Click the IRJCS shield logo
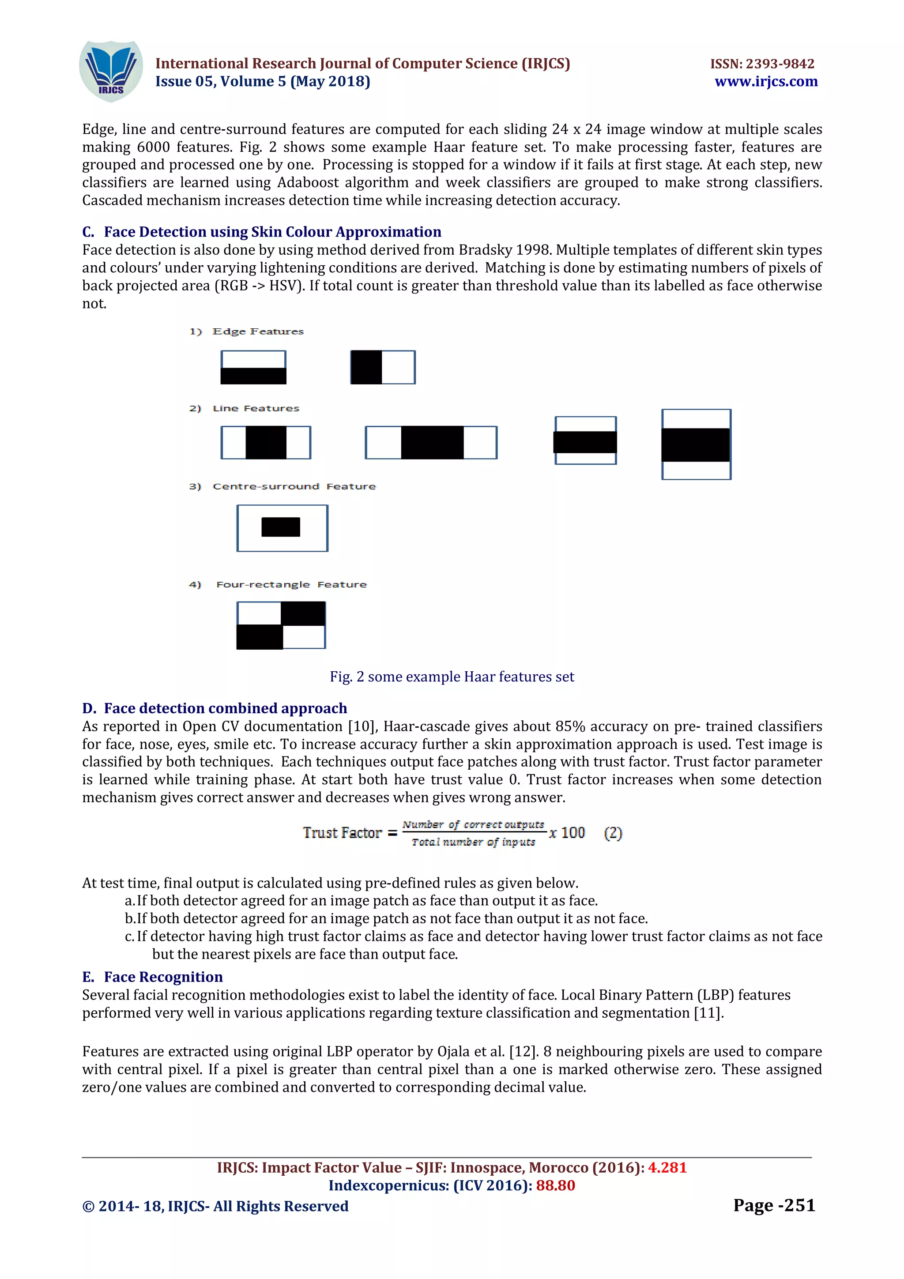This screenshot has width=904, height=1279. click(x=111, y=71)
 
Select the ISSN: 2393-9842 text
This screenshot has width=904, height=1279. click(x=762, y=64)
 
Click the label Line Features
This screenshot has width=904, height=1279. click(x=256, y=408)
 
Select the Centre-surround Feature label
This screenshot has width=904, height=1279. click(x=294, y=486)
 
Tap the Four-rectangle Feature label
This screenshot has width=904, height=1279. click(x=291, y=584)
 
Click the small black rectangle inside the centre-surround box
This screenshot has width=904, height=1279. click(x=281, y=527)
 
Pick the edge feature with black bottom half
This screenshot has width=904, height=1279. click(x=253, y=368)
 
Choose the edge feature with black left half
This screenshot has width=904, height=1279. click(x=383, y=367)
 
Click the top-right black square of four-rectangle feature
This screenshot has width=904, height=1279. click(x=303, y=613)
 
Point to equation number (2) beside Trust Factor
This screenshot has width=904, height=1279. click(x=613, y=833)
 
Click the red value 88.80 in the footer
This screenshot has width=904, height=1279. click(x=555, y=1185)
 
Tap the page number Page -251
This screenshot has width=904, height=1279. click(x=774, y=1205)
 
